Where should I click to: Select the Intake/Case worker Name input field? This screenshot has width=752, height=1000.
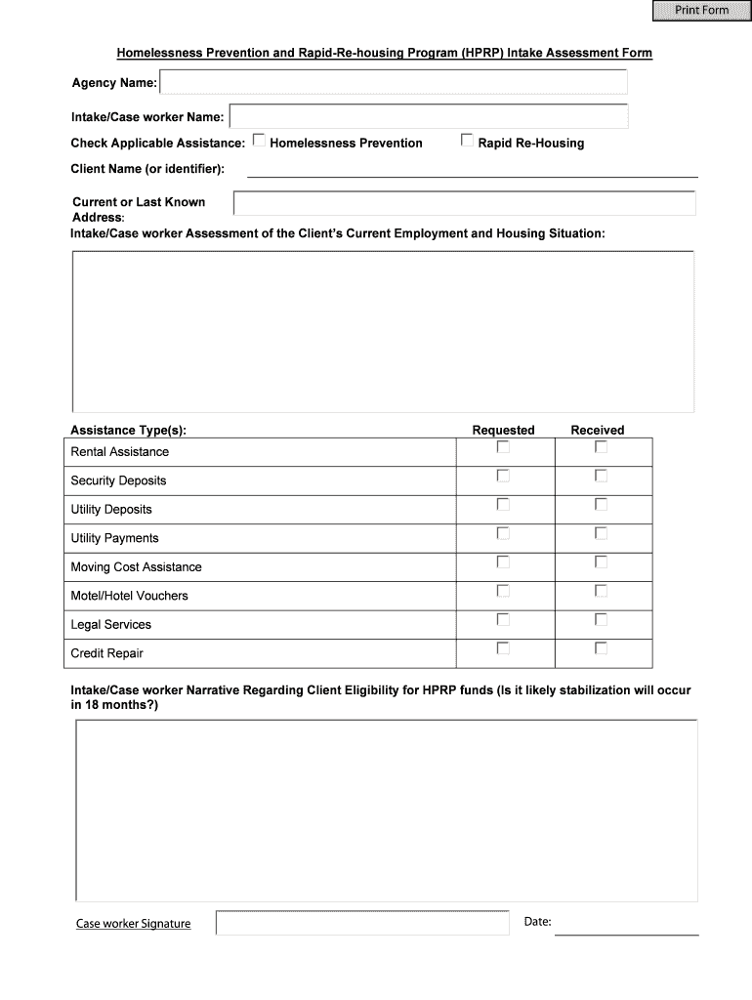428,117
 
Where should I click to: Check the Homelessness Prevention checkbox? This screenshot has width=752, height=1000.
259,141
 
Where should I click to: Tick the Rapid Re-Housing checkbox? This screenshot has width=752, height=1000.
467,141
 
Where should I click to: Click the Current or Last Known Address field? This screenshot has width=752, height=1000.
464,203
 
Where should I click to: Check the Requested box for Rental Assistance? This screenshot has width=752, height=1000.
503,447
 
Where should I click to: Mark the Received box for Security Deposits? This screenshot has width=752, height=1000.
601,477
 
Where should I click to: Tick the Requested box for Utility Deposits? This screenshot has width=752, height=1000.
503,505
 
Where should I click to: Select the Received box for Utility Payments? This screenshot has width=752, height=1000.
601,533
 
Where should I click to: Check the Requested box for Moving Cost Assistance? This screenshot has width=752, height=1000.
503,562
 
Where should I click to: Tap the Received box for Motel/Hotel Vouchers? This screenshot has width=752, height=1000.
601,591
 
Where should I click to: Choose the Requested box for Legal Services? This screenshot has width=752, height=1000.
503,619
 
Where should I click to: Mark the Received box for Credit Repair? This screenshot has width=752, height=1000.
601,648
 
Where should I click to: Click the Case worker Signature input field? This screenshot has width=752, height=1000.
362,923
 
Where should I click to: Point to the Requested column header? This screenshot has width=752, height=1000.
503,430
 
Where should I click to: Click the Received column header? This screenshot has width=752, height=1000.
597,430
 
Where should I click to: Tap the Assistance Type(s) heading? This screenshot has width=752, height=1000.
128,430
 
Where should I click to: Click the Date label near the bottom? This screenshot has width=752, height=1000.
537,921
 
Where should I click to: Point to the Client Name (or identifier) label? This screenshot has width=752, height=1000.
147,169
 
